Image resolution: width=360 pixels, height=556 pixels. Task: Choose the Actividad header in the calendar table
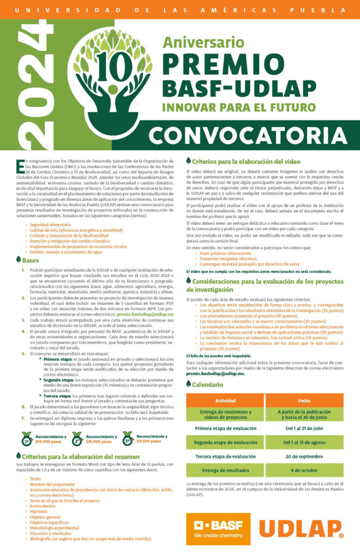tap(225, 385)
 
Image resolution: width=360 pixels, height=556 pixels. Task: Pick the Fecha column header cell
tap(304, 385)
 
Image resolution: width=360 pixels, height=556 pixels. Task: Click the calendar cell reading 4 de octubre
tap(304, 470)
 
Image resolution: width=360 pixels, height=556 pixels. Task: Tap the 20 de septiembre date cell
tap(304, 456)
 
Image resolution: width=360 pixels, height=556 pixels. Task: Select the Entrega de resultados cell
tap(225, 470)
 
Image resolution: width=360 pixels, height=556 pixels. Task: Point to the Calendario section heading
tap(206, 369)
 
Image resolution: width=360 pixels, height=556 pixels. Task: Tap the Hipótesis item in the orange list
tap(39, 511)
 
